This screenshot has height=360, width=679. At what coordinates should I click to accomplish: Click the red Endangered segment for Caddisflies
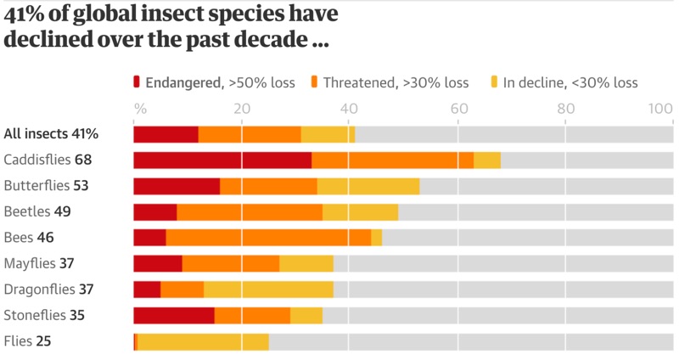click(222, 160)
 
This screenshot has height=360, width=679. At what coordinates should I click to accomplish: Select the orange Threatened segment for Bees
click(268, 238)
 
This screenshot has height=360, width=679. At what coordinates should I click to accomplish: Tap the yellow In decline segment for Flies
click(203, 341)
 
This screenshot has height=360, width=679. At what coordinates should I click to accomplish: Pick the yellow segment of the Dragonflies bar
click(268, 290)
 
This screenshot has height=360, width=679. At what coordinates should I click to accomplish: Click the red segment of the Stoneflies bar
click(174, 316)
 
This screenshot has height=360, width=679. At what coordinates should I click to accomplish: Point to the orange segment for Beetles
click(250, 212)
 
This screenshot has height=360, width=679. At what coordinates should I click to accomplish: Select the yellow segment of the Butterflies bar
click(368, 186)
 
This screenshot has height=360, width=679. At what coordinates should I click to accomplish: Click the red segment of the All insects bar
click(166, 134)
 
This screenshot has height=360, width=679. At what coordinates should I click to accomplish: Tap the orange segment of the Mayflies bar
click(231, 264)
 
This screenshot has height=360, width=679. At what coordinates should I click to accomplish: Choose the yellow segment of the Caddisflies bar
click(487, 160)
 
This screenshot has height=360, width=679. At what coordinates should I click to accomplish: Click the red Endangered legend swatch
click(137, 82)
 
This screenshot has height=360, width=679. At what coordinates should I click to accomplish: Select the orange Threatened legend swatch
click(313, 82)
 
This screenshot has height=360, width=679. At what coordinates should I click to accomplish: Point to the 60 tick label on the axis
click(458, 109)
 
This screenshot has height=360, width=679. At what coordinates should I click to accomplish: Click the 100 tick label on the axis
click(660, 109)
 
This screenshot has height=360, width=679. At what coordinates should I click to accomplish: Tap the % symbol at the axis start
click(140, 109)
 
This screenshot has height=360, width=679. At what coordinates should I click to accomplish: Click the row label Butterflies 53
click(46, 186)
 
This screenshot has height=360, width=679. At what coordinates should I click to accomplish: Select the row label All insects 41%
click(51, 134)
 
